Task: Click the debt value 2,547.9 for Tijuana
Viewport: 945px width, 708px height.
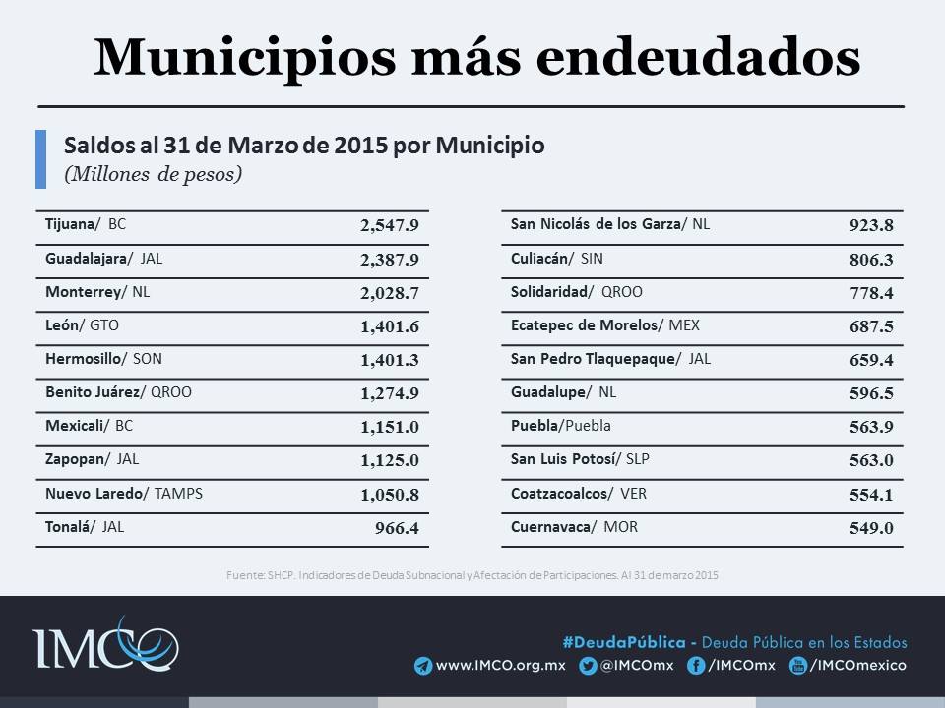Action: point(390,225)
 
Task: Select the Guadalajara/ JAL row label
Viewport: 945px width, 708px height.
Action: point(103,260)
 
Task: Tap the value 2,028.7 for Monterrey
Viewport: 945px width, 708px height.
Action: point(390,294)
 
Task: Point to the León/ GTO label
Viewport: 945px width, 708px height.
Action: point(82,324)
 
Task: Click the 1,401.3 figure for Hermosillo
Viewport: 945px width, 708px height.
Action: point(390,361)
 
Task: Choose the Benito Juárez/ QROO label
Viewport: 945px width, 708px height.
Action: point(118,392)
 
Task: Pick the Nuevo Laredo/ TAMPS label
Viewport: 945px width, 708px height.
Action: point(124,493)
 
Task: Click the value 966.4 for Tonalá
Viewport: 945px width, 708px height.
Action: point(398,528)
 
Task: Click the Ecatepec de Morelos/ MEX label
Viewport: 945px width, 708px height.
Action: point(605,324)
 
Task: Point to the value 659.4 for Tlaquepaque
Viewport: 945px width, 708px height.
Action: point(871,361)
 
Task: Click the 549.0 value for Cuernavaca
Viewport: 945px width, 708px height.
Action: point(871,528)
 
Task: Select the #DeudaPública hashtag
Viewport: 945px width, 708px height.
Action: point(624,642)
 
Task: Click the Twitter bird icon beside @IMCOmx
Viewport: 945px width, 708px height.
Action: point(589,666)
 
